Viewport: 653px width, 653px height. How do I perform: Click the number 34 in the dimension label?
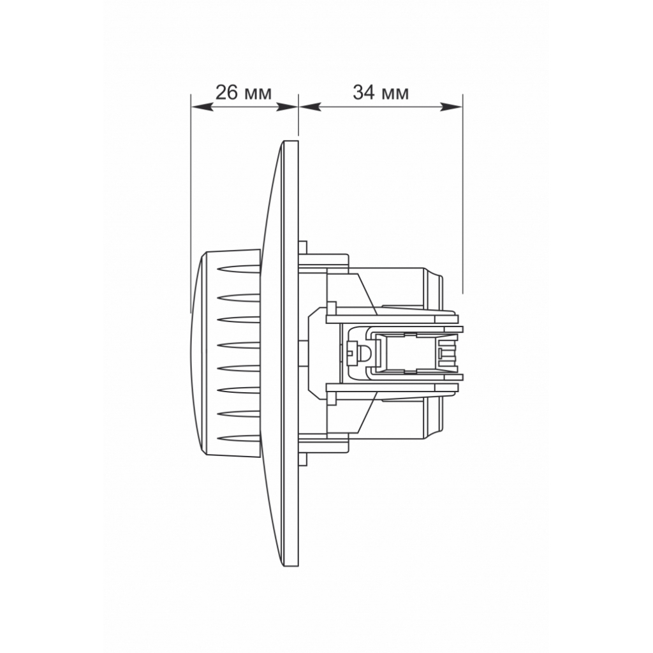click(363, 93)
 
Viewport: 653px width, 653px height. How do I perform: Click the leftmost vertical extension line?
click(191, 191)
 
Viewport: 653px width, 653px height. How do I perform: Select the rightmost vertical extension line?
click(462, 191)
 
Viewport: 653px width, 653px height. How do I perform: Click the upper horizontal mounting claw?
click(392, 316)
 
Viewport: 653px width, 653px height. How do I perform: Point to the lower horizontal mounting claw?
click(392, 386)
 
